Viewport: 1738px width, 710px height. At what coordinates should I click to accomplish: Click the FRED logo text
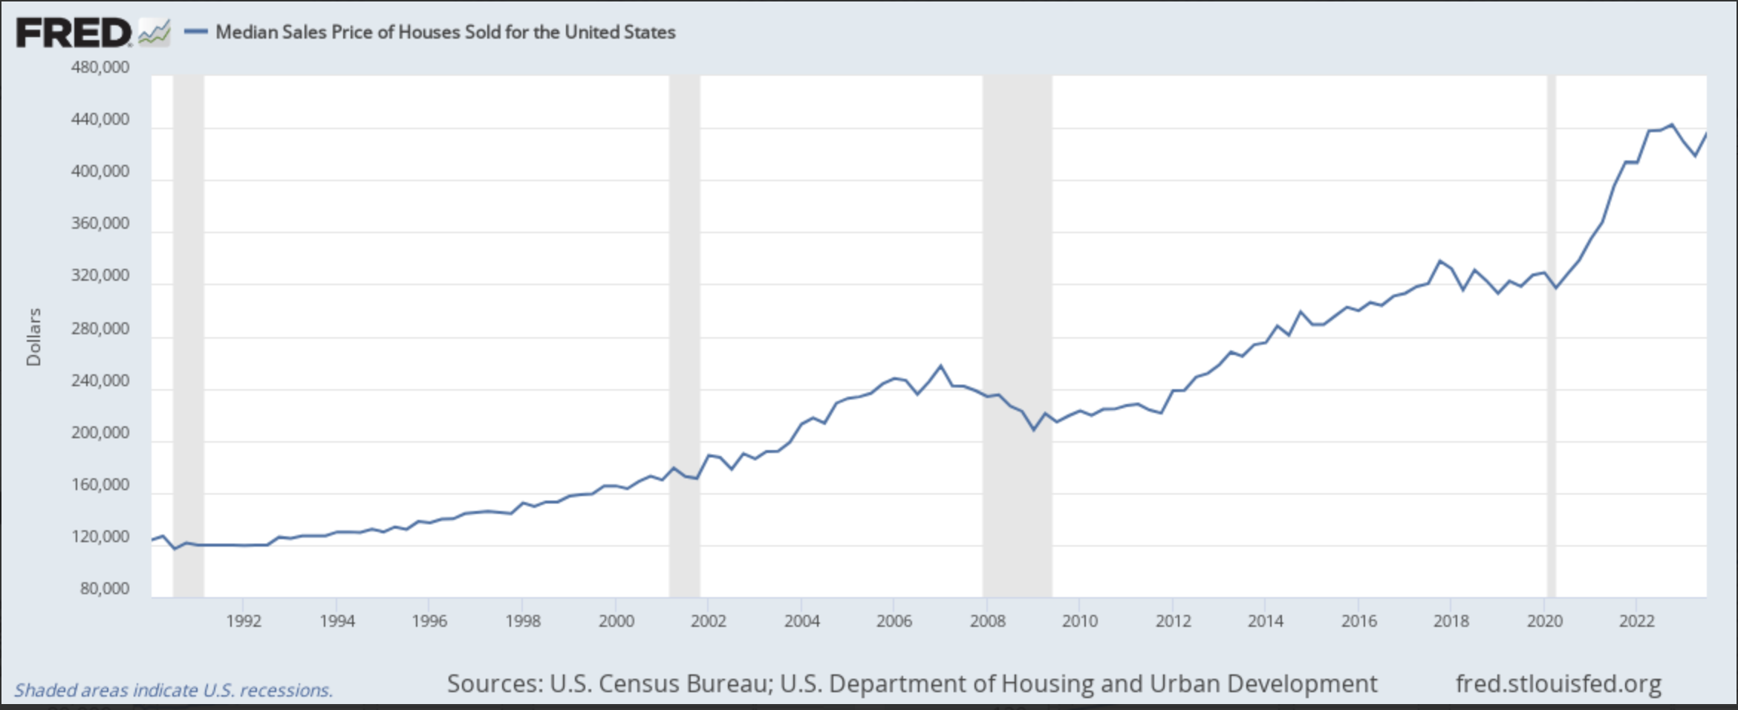[73, 33]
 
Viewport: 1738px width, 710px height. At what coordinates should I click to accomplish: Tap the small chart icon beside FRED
[154, 33]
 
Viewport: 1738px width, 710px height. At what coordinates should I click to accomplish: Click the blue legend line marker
[195, 32]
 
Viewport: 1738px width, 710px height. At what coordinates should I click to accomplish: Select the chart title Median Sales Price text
[446, 32]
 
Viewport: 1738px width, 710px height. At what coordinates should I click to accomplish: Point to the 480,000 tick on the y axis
[100, 68]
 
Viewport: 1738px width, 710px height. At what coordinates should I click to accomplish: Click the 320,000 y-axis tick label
[100, 276]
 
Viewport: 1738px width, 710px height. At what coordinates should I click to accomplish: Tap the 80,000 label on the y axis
[105, 589]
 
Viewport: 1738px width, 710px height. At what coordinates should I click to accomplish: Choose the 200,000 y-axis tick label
[100, 432]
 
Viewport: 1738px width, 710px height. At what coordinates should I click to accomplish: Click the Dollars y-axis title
[33, 337]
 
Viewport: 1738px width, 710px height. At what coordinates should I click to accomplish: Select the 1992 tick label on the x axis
[244, 622]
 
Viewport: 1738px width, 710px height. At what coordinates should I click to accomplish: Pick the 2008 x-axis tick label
[987, 622]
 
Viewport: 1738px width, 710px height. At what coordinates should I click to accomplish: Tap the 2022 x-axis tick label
[1637, 622]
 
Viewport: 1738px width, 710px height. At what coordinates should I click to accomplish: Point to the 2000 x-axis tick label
[616, 622]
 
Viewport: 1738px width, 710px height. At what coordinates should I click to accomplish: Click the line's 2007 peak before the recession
[941, 365]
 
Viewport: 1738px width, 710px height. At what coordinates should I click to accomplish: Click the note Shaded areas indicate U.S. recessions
[173, 690]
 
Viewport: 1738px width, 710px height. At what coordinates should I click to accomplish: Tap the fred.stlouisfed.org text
[1558, 683]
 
